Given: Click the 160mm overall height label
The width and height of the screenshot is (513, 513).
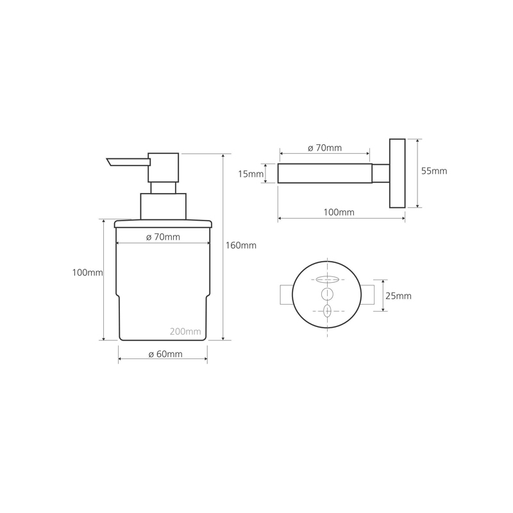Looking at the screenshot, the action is coord(241,246).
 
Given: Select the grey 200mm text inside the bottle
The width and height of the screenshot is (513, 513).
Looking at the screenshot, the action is coord(185,332).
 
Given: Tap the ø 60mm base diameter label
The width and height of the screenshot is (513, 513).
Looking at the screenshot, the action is coord(165,354).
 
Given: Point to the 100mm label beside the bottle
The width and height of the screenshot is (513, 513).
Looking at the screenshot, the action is coord(87,272).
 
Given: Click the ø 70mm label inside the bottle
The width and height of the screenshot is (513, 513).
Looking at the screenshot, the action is coord(163,237).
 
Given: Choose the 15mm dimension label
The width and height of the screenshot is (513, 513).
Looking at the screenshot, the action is coord(251,174).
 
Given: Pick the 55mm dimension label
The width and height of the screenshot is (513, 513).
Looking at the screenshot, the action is coord(434,171).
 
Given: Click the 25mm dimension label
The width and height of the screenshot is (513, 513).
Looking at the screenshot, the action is coord(398,296).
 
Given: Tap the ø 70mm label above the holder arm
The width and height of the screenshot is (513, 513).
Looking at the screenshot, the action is coord(324,148).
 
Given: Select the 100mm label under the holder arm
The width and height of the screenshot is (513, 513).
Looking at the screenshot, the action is coord(339,212).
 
